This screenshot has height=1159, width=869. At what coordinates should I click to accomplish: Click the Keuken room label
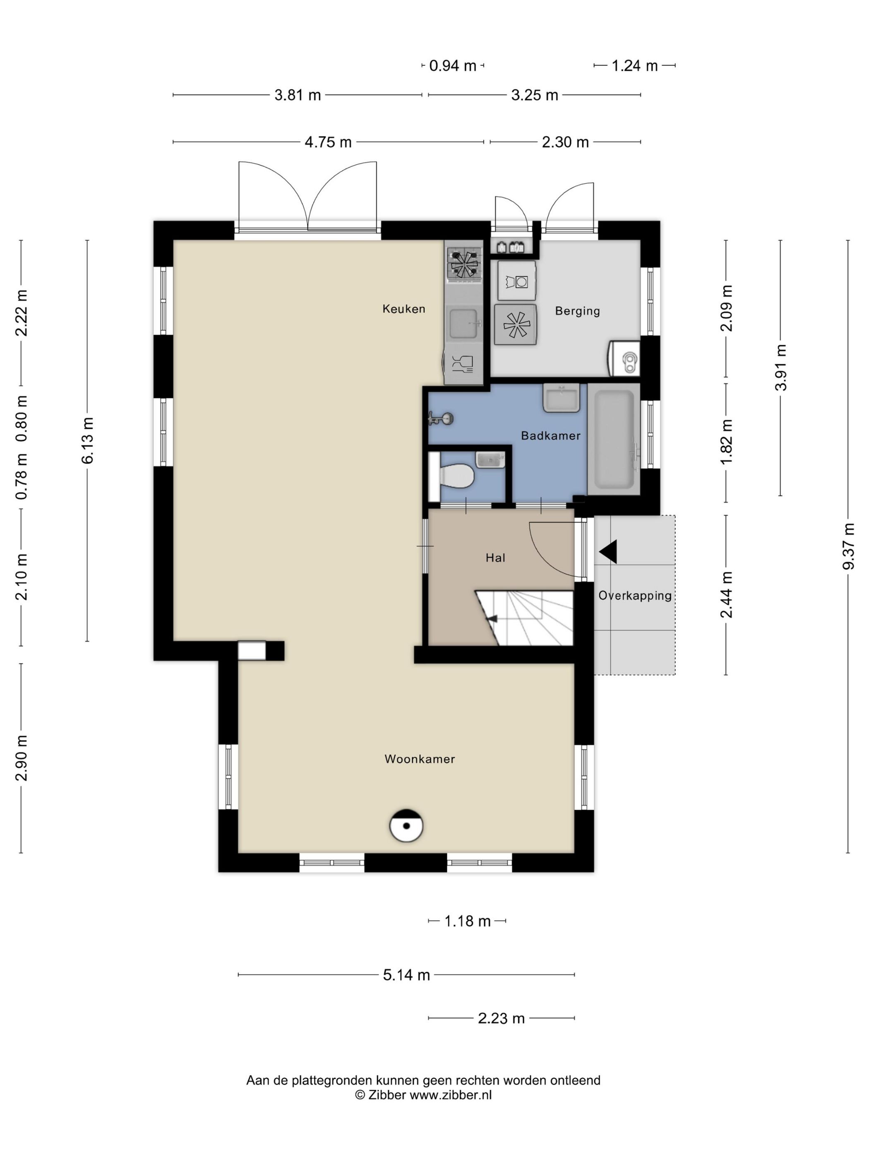(403, 309)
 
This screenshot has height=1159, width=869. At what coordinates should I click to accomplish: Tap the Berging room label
(577, 311)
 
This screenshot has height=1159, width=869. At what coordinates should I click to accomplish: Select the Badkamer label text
(550, 435)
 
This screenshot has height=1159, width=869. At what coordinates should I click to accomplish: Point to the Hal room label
(495, 558)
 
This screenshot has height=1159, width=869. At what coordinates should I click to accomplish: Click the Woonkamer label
(420, 759)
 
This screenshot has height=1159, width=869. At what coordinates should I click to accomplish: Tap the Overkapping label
(635, 596)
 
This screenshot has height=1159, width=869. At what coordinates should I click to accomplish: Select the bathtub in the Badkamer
(613, 438)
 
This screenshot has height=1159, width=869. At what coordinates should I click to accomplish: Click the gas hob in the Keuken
(463, 262)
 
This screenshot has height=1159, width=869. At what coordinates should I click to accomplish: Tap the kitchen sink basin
(463, 323)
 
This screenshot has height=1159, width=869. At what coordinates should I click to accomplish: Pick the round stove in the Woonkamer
(406, 826)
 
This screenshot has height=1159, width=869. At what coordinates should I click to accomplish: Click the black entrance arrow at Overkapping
(608, 552)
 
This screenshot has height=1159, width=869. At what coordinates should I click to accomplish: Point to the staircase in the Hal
(524, 618)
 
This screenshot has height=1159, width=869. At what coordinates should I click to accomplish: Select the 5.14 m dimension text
(406, 974)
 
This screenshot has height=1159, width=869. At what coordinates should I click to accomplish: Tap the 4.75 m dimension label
(328, 142)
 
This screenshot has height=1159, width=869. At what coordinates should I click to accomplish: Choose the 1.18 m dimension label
(467, 921)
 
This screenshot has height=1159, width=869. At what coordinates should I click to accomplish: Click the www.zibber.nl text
(451, 1094)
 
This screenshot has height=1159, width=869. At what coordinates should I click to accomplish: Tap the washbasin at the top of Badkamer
(561, 398)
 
